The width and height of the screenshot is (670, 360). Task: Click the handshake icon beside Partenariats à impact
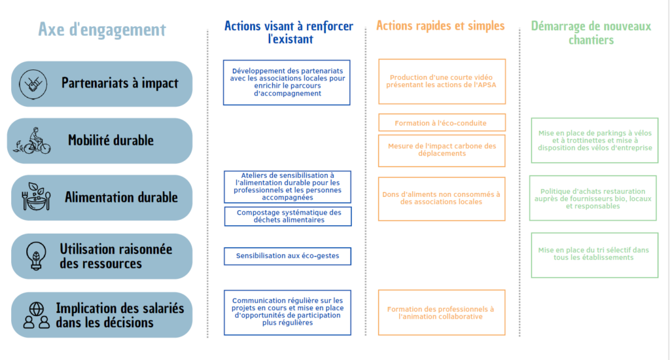coord(33,84)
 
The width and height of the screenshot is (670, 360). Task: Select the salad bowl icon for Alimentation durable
coord(36,196)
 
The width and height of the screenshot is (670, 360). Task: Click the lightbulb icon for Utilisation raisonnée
coord(36,256)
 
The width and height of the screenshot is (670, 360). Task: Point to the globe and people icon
coord(37,315)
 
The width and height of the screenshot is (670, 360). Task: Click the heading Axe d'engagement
coord(101,29)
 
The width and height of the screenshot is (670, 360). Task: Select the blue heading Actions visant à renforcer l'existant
coord(289,33)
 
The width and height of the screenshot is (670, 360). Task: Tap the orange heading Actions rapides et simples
coord(440,26)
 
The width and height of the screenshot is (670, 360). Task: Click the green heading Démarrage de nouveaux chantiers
coord(591,33)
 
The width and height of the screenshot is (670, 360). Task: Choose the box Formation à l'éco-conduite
coord(442,122)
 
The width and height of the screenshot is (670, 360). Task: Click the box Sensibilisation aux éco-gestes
coord(288,256)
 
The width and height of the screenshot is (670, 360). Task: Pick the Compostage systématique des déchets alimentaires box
coord(288,217)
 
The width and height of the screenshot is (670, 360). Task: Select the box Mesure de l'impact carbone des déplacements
coord(442,151)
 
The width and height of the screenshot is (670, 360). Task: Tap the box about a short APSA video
coord(442,82)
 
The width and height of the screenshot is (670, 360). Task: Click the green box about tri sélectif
coord(594,255)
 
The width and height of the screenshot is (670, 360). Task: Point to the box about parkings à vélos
coord(594,141)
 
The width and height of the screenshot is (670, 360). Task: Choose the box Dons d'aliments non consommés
coord(442,199)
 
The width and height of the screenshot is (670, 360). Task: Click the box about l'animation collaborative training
coord(442,312)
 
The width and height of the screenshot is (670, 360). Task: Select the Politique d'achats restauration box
coord(593,198)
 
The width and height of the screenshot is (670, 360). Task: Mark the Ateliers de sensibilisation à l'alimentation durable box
coord(288,187)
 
